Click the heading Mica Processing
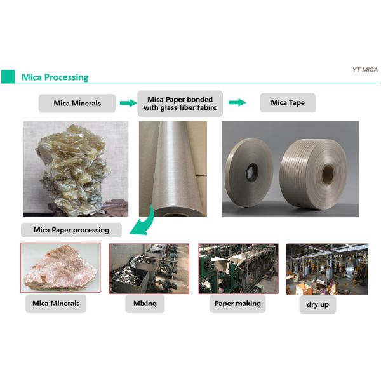pos(55,77)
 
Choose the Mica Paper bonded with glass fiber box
pos(180,103)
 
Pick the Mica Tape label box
pos(288,103)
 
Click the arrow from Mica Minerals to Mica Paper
pos(128,102)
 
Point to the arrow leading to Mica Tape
pos(237,102)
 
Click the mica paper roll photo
pos(171,168)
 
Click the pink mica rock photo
pos(60,268)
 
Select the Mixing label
pos(145,304)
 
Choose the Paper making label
pos(237,304)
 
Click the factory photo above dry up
pos(326,268)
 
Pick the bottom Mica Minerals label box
pos(57,304)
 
